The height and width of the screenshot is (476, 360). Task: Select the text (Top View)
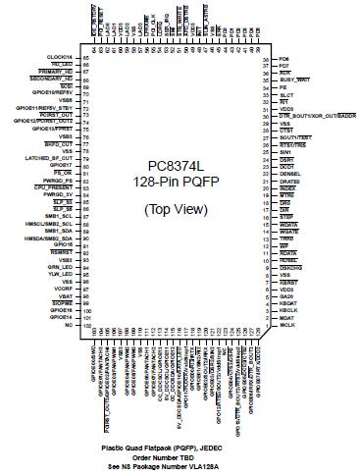click(x=180, y=211)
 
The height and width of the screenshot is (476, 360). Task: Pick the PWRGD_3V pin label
click(x=60, y=196)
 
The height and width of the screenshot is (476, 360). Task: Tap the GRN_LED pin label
click(x=61, y=267)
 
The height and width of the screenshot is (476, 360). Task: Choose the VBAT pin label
click(x=67, y=295)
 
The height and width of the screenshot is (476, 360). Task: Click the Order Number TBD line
click(x=180, y=454)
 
